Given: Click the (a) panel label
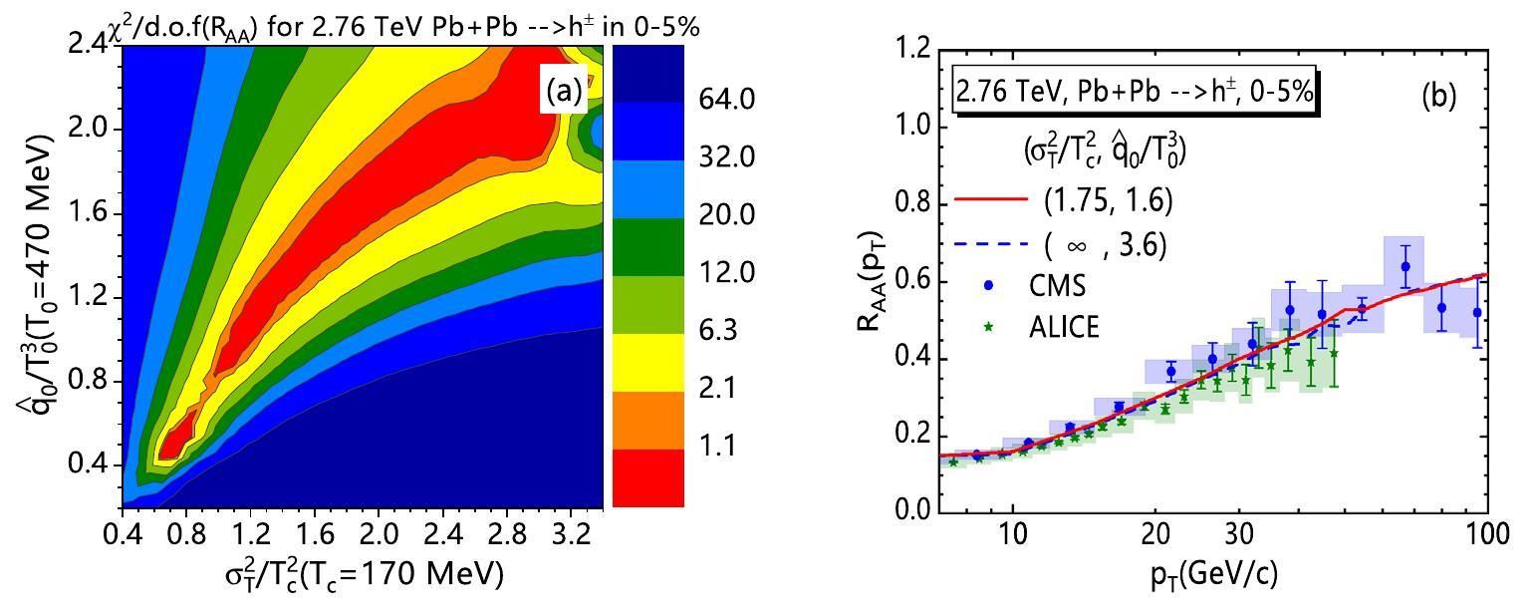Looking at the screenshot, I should tap(562, 92).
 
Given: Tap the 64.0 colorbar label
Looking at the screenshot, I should tap(728, 100).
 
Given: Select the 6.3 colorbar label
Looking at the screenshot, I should tap(717, 330).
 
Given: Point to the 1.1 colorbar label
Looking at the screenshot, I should tap(717, 445).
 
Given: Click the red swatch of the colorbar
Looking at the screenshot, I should tap(647, 477).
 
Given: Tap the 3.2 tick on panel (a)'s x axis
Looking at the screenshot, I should tap(567, 533).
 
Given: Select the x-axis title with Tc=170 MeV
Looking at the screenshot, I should tap(363, 575).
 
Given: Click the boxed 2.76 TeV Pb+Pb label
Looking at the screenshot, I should tap(1134, 92).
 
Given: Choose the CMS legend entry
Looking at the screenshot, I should tap(1057, 286).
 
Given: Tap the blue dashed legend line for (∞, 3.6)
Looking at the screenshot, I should tap(990, 244).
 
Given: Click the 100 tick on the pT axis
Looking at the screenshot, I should tap(1486, 533).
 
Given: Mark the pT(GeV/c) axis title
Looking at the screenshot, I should tap(1211, 574).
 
